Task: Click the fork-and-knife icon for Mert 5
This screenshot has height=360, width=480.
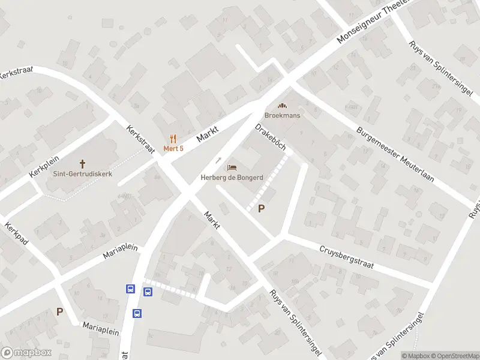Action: (x=173, y=138)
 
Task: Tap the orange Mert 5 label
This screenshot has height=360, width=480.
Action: (x=174, y=148)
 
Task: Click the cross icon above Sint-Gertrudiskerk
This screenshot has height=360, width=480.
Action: (x=82, y=164)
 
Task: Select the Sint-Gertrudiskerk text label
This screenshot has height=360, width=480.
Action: (x=82, y=175)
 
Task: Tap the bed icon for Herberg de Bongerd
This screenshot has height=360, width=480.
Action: (x=231, y=167)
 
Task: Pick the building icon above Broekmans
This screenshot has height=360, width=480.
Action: (x=283, y=106)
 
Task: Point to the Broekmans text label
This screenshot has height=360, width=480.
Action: (x=283, y=115)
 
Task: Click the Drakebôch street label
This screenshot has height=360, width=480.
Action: (x=270, y=137)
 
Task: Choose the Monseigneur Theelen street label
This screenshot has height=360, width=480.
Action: (x=373, y=22)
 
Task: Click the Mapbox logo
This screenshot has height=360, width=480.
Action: (x=26, y=353)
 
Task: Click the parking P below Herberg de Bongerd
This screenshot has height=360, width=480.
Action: (x=261, y=209)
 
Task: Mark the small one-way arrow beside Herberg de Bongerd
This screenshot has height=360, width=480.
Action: (x=218, y=161)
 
